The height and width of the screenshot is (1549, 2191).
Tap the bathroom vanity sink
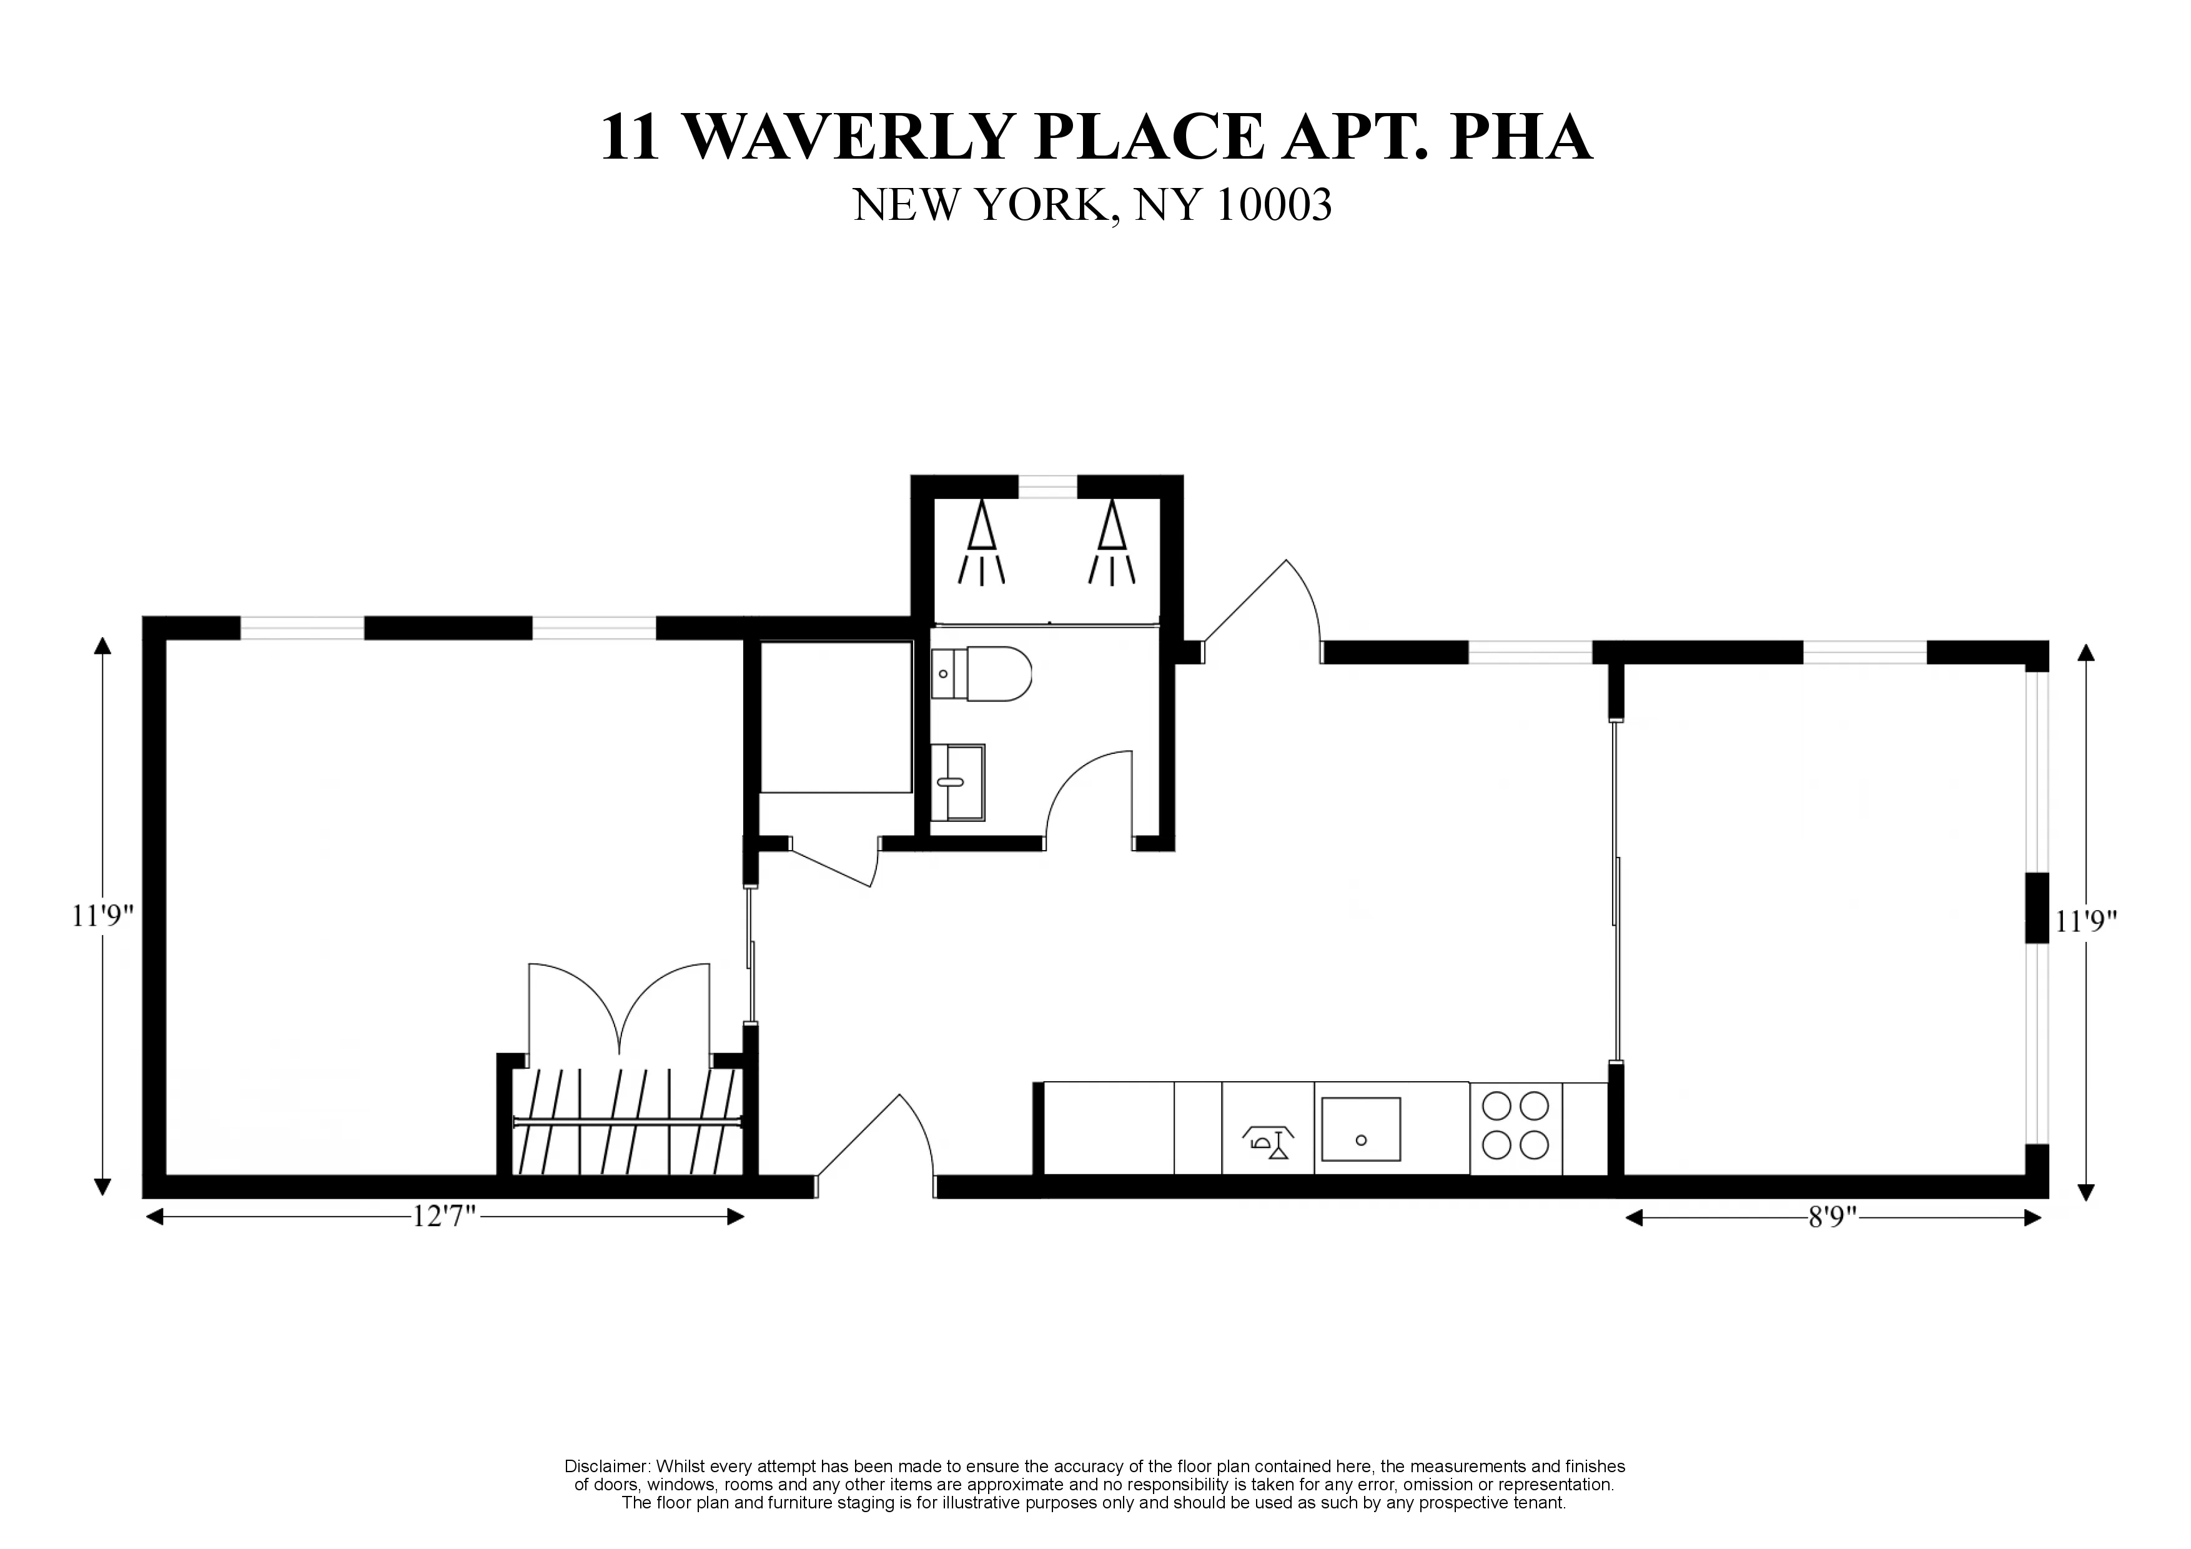957,781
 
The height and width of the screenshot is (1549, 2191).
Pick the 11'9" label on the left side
102,916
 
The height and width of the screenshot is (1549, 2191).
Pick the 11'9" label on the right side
2086,922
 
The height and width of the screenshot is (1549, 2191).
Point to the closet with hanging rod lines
627,1121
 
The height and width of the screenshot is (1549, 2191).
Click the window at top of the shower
1048,487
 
